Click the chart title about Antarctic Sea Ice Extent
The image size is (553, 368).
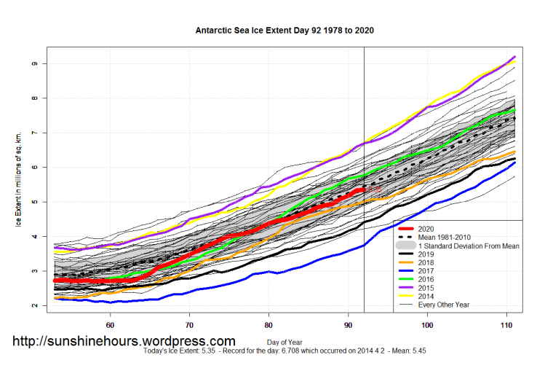(285, 31)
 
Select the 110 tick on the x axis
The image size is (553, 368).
(507, 325)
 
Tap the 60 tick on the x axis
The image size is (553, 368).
(110, 325)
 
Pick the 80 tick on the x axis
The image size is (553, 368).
(268, 325)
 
